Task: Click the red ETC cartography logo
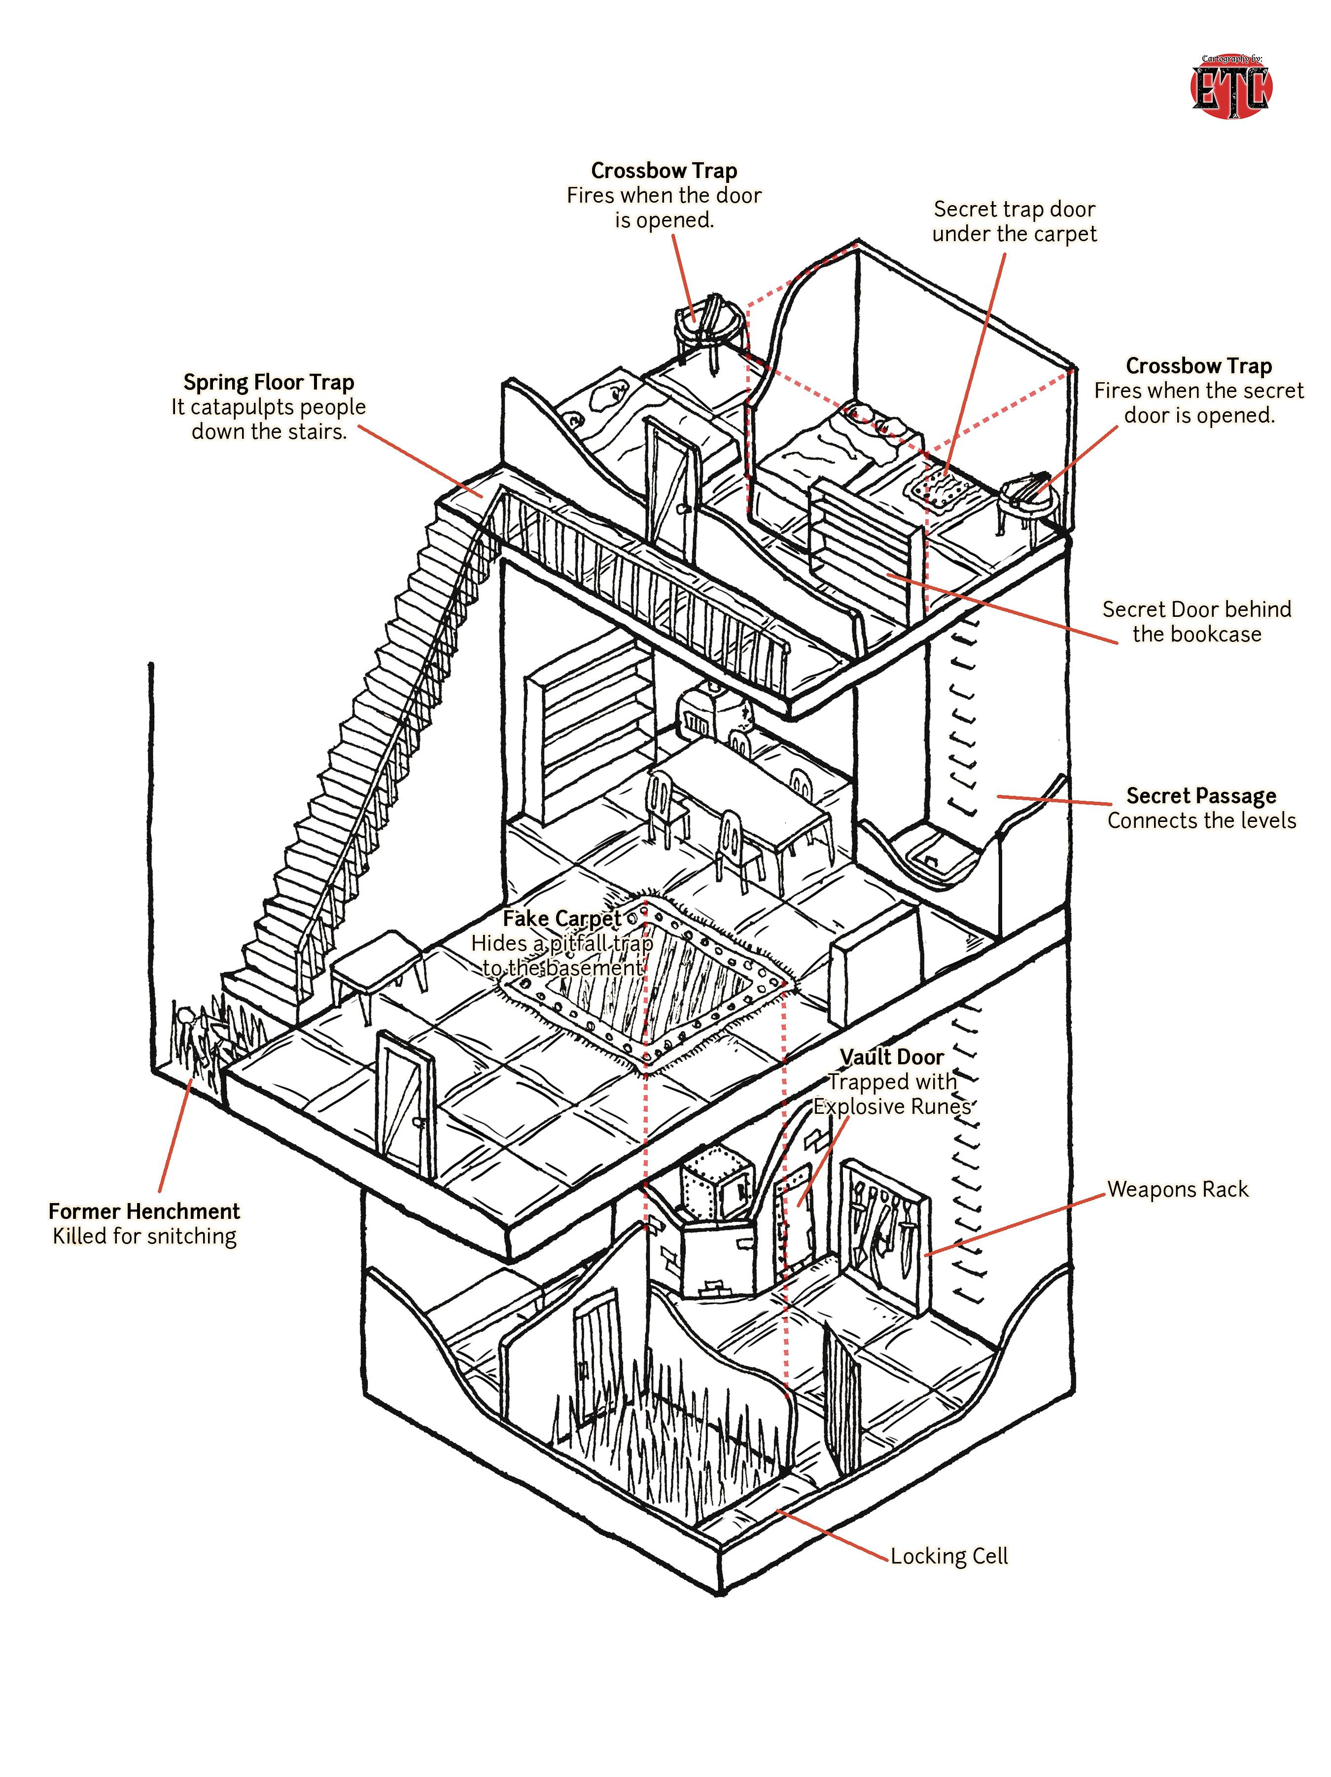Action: click(x=1230, y=88)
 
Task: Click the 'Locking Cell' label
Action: click(x=948, y=1556)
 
